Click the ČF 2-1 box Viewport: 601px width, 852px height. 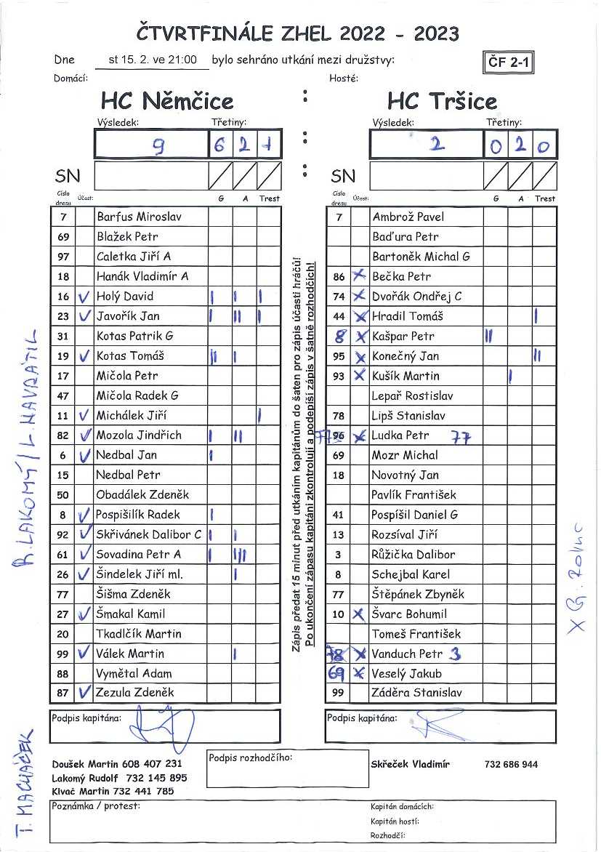(x=508, y=63)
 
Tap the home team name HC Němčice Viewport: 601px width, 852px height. (x=167, y=100)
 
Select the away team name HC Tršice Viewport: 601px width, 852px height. (x=442, y=100)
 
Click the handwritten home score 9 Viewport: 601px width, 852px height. (x=157, y=146)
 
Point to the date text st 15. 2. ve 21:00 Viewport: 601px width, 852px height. (x=153, y=60)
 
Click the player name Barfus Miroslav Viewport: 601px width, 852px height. (x=139, y=217)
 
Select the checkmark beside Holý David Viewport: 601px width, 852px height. (x=85, y=296)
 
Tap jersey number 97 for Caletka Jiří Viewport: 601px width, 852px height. (x=63, y=257)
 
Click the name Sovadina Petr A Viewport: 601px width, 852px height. (x=139, y=554)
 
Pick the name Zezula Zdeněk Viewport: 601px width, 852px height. (x=135, y=692)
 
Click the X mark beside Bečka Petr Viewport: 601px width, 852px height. (x=358, y=276)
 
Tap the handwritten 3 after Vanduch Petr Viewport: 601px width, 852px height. (x=455, y=654)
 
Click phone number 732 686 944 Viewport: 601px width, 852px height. (x=511, y=764)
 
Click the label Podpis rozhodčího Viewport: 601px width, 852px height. (x=250, y=758)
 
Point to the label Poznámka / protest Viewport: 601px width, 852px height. (x=96, y=806)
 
